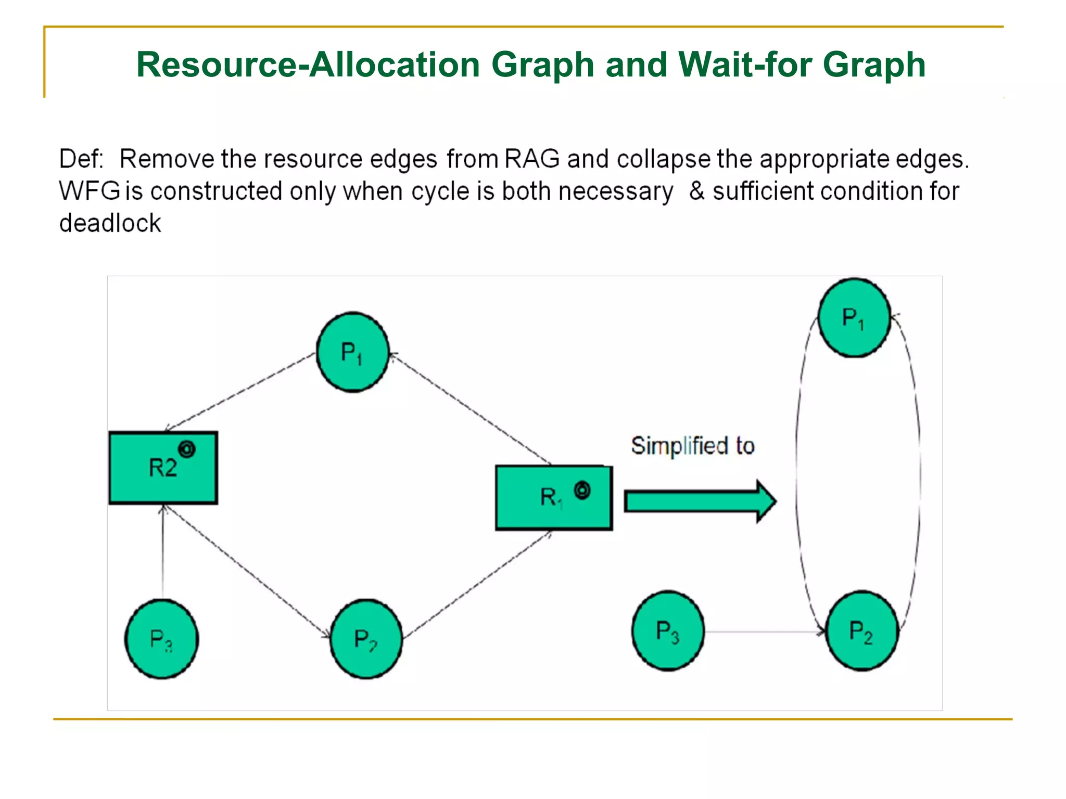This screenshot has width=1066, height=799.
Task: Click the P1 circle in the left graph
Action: click(x=353, y=352)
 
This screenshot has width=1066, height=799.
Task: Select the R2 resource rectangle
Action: click(x=163, y=468)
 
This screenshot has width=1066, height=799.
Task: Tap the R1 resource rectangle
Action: click(x=553, y=498)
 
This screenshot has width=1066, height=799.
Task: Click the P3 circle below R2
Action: click(x=161, y=639)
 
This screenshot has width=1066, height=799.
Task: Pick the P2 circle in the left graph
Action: click(x=366, y=639)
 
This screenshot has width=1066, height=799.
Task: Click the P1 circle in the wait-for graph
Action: click(x=854, y=318)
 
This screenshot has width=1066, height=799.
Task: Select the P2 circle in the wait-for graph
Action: click(x=862, y=631)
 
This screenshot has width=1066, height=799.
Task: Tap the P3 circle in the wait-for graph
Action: click(x=668, y=631)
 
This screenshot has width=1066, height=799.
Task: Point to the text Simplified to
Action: click(x=692, y=446)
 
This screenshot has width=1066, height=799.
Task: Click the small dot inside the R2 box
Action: click(x=187, y=449)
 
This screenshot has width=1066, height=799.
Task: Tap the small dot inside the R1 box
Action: click(x=582, y=490)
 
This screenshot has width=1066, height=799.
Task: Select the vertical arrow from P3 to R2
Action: click(x=163, y=551)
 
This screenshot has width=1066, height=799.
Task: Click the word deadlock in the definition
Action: click(x=110, y=224)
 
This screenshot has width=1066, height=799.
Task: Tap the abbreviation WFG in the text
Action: click(x=90, y=191)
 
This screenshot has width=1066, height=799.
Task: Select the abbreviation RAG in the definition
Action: click(x=531, y=159)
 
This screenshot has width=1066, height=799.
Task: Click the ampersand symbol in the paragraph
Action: click(x=696, y=191)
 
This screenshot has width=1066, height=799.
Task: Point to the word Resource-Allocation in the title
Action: click(x=308, y=65)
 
